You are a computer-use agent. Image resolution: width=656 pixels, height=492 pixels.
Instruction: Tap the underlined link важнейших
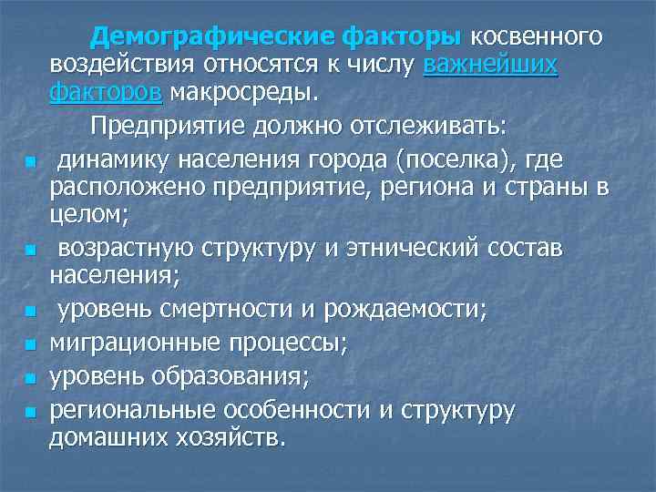[491, 65]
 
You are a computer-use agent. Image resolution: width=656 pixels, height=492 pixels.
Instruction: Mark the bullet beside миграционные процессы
[30, 345]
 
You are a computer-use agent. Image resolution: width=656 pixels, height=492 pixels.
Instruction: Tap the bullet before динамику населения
[30, 162]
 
